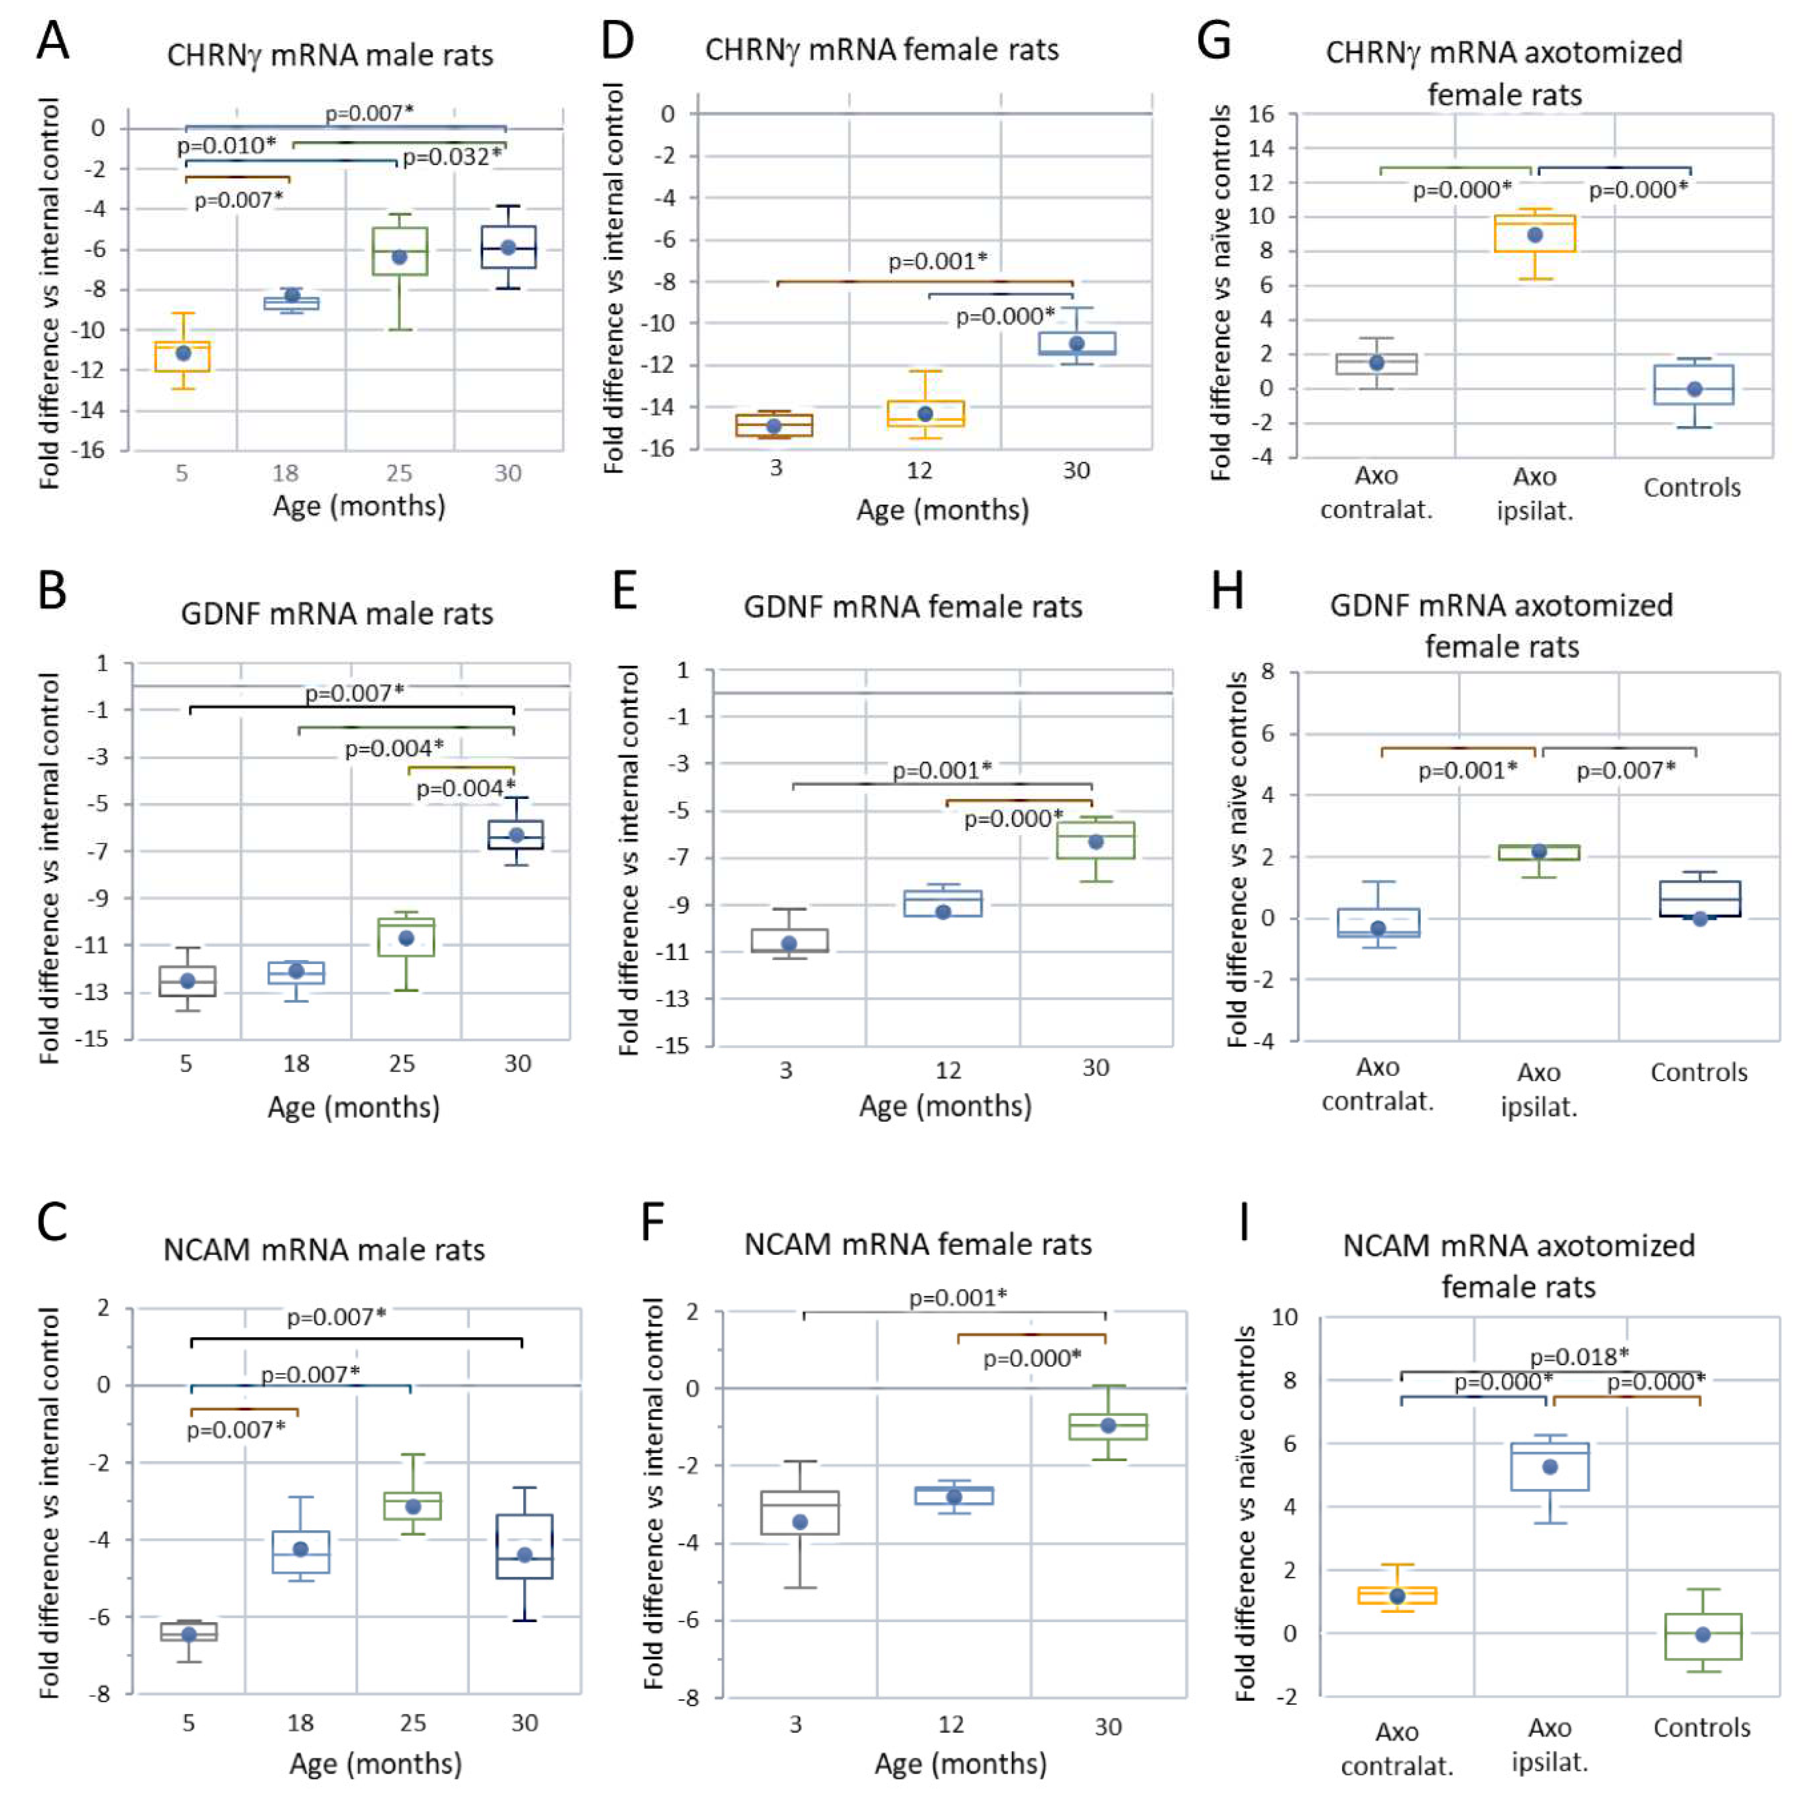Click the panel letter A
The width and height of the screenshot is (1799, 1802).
(53, 42)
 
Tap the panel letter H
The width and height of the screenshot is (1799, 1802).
(1227, 591)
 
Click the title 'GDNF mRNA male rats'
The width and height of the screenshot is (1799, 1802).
(337, 614)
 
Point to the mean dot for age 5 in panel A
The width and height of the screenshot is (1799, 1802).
(184, 353)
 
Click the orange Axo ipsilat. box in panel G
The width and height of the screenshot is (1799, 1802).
(1534, 233)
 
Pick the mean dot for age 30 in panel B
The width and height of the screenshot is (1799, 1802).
(516, 835)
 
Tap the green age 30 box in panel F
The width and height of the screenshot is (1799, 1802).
(1108, 1427)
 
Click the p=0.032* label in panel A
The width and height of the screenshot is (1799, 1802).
(451, 157)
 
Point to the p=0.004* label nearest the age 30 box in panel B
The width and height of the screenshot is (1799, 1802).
(465, 789)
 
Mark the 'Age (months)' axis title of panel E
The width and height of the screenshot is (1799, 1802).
(945, 1106)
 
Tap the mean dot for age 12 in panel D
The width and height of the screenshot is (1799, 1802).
(925, 413)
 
